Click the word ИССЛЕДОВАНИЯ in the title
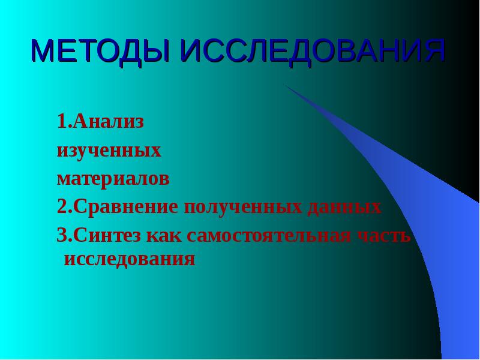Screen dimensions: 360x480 [313, 52]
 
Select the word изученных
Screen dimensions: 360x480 [109, 150]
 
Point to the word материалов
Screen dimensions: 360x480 [113, 179]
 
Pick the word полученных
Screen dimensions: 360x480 [243, 208]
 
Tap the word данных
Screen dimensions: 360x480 [344, 208]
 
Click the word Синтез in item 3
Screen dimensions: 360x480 [107, 236]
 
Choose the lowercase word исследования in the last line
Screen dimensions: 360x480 [130, 259]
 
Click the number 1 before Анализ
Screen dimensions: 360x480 [61, 122]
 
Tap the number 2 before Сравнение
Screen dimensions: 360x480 [61, 208]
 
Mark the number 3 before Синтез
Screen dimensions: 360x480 [61, 236]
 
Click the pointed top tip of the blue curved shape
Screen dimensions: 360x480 [286, 85]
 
